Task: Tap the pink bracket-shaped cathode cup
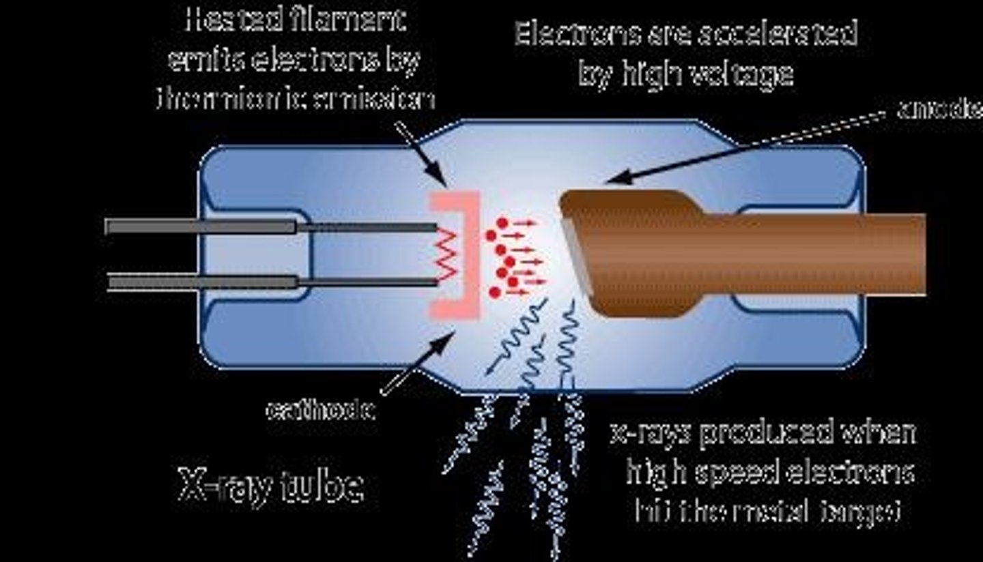471,254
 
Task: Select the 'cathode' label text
319,411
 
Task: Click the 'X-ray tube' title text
270,486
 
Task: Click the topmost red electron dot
502,223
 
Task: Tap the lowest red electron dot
495,292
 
